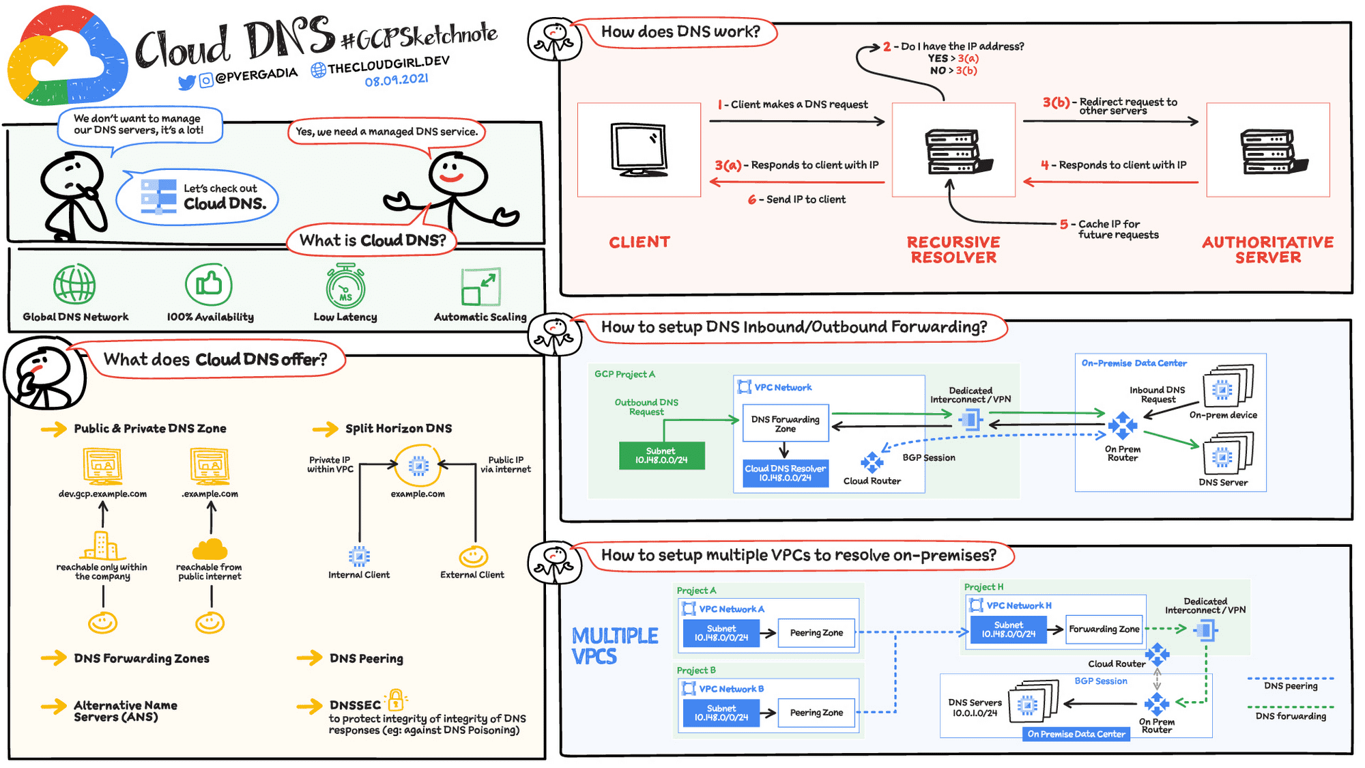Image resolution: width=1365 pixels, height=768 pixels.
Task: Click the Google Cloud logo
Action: [67, 58]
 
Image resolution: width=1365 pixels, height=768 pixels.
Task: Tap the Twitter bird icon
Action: [186, 83]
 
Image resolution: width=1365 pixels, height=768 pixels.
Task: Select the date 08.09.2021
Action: [396, 80]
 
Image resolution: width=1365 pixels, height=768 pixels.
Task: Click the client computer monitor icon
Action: [639, 150]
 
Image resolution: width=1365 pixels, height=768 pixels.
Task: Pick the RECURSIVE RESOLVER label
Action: [953, 250]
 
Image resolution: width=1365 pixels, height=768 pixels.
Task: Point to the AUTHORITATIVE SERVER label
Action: [1267, 250]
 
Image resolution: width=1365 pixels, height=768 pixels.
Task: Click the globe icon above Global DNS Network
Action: [74, 284]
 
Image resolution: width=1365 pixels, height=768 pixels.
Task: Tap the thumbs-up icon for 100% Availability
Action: [209, 284]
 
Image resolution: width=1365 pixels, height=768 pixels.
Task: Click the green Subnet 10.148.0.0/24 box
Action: [661, 455]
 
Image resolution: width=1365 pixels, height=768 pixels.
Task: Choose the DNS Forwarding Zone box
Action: [785, 423]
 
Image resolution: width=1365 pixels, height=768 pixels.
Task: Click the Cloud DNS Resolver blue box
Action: [785, 473]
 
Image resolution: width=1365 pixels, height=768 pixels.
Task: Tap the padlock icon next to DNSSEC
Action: [395, 700]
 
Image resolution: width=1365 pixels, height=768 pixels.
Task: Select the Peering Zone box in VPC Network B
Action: [816, 713]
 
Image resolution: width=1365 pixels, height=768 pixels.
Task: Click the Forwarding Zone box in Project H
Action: [1104, 629]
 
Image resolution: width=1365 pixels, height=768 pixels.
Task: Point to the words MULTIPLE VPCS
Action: [614, 646]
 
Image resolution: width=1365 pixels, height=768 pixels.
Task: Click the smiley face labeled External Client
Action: [473, 557]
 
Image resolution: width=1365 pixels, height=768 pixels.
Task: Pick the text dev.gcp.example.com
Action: [102, 494]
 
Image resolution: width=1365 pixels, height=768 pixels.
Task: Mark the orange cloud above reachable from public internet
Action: [210, 549]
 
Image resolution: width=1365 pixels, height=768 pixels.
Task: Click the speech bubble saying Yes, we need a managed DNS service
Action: [386, 132]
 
